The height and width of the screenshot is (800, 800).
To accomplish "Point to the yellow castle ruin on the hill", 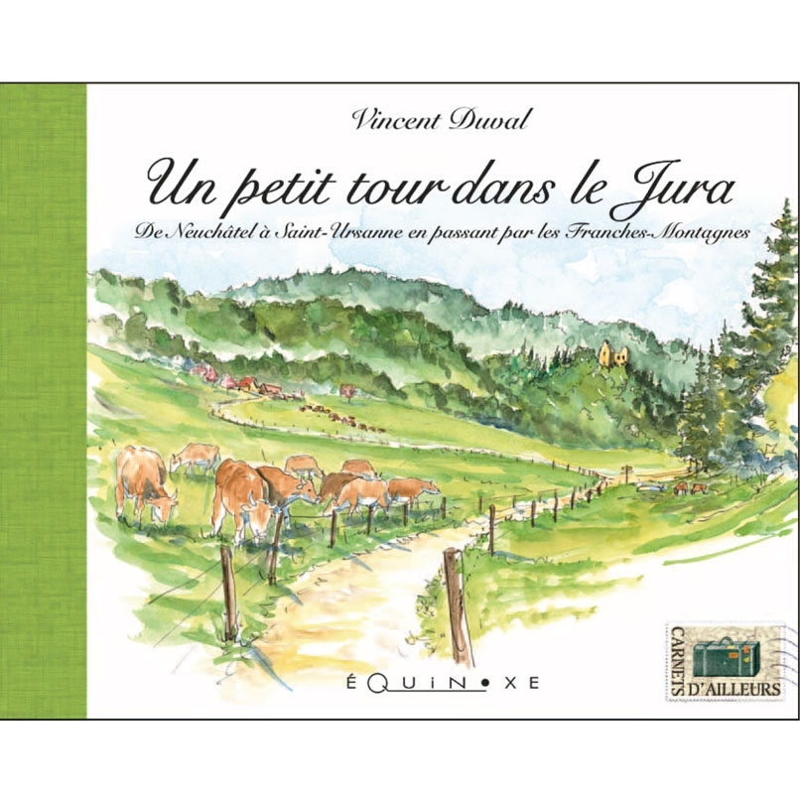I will pyautogui.click(x=609, y=352).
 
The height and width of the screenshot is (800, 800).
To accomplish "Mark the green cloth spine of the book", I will pyautogui.click(x=44, y=397).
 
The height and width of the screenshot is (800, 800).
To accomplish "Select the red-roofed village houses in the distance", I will pyautogui.click(x=228, y=379).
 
